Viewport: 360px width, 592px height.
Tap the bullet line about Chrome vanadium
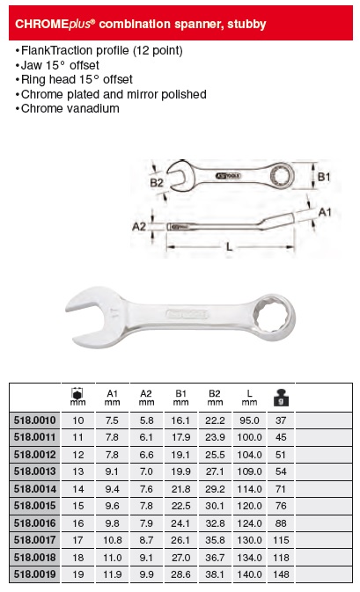pyautogui.click(x=68, y=109)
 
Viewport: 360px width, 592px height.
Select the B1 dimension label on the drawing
pyautogui.click(x=324, y=177)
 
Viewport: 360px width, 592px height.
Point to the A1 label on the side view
pyautogui.click(x=325, y=212)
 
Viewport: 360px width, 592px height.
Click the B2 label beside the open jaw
pyautogui.click(x=157, y=183)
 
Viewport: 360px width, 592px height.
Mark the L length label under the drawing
pyautogui.click(x=230, y=247)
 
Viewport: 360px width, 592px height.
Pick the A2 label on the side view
pyautogui.click(x=139, y=227)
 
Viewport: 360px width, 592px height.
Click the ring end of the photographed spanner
pyautogui.click(x=275, y=318)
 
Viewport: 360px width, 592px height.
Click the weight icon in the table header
pyautogui.click(x=281, y=398)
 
